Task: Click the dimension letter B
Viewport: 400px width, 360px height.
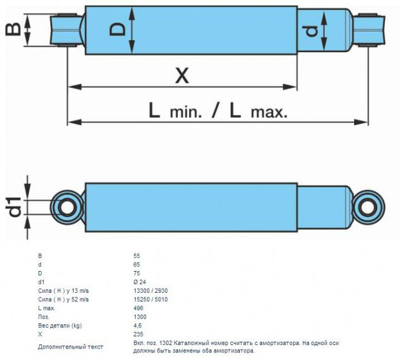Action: click(13, 29)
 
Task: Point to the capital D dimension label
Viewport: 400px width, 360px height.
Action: click(118, 29)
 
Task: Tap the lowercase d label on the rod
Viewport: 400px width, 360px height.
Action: click(311, 31)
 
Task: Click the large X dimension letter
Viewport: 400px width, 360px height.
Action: click(182, 76)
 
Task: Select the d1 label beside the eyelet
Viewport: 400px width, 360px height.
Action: click(14, 207)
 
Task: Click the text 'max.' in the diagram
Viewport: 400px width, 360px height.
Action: click(269, 113)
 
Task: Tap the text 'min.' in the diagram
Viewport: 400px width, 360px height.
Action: click(186, 113)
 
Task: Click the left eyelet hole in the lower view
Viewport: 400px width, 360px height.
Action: click(67, 207)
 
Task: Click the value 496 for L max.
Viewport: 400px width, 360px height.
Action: click(139, 308)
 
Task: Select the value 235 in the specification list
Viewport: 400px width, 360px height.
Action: click(139, 334)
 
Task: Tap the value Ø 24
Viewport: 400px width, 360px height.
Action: click(140, 282)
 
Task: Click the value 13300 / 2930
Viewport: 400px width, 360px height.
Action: click(151, 291)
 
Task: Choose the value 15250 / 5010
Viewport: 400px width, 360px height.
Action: click(151, 299)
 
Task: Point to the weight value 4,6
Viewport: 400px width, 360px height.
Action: click(137, 326)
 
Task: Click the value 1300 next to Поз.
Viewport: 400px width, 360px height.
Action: click(140, 317)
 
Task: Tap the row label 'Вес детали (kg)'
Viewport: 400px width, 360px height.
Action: click(60, 326)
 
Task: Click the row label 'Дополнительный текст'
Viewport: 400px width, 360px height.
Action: click(71, 347)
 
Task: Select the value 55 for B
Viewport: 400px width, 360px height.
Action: click(137, 256)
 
